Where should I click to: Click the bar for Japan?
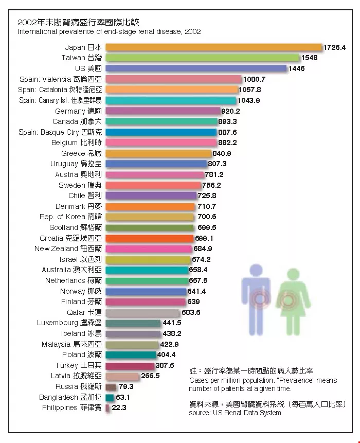(213, 47)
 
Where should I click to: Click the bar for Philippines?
(107, 408)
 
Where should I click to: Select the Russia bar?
(111, 386)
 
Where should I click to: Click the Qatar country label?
(84, 312)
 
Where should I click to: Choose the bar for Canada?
(161, 121)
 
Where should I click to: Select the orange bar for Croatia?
(150, 238)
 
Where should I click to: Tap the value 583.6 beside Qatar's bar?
(191, 312)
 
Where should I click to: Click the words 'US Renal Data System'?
(244, 413)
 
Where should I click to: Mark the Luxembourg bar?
(133, 323)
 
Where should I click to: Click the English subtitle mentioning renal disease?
(109, 32)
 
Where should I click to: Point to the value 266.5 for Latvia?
(150, 376)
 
